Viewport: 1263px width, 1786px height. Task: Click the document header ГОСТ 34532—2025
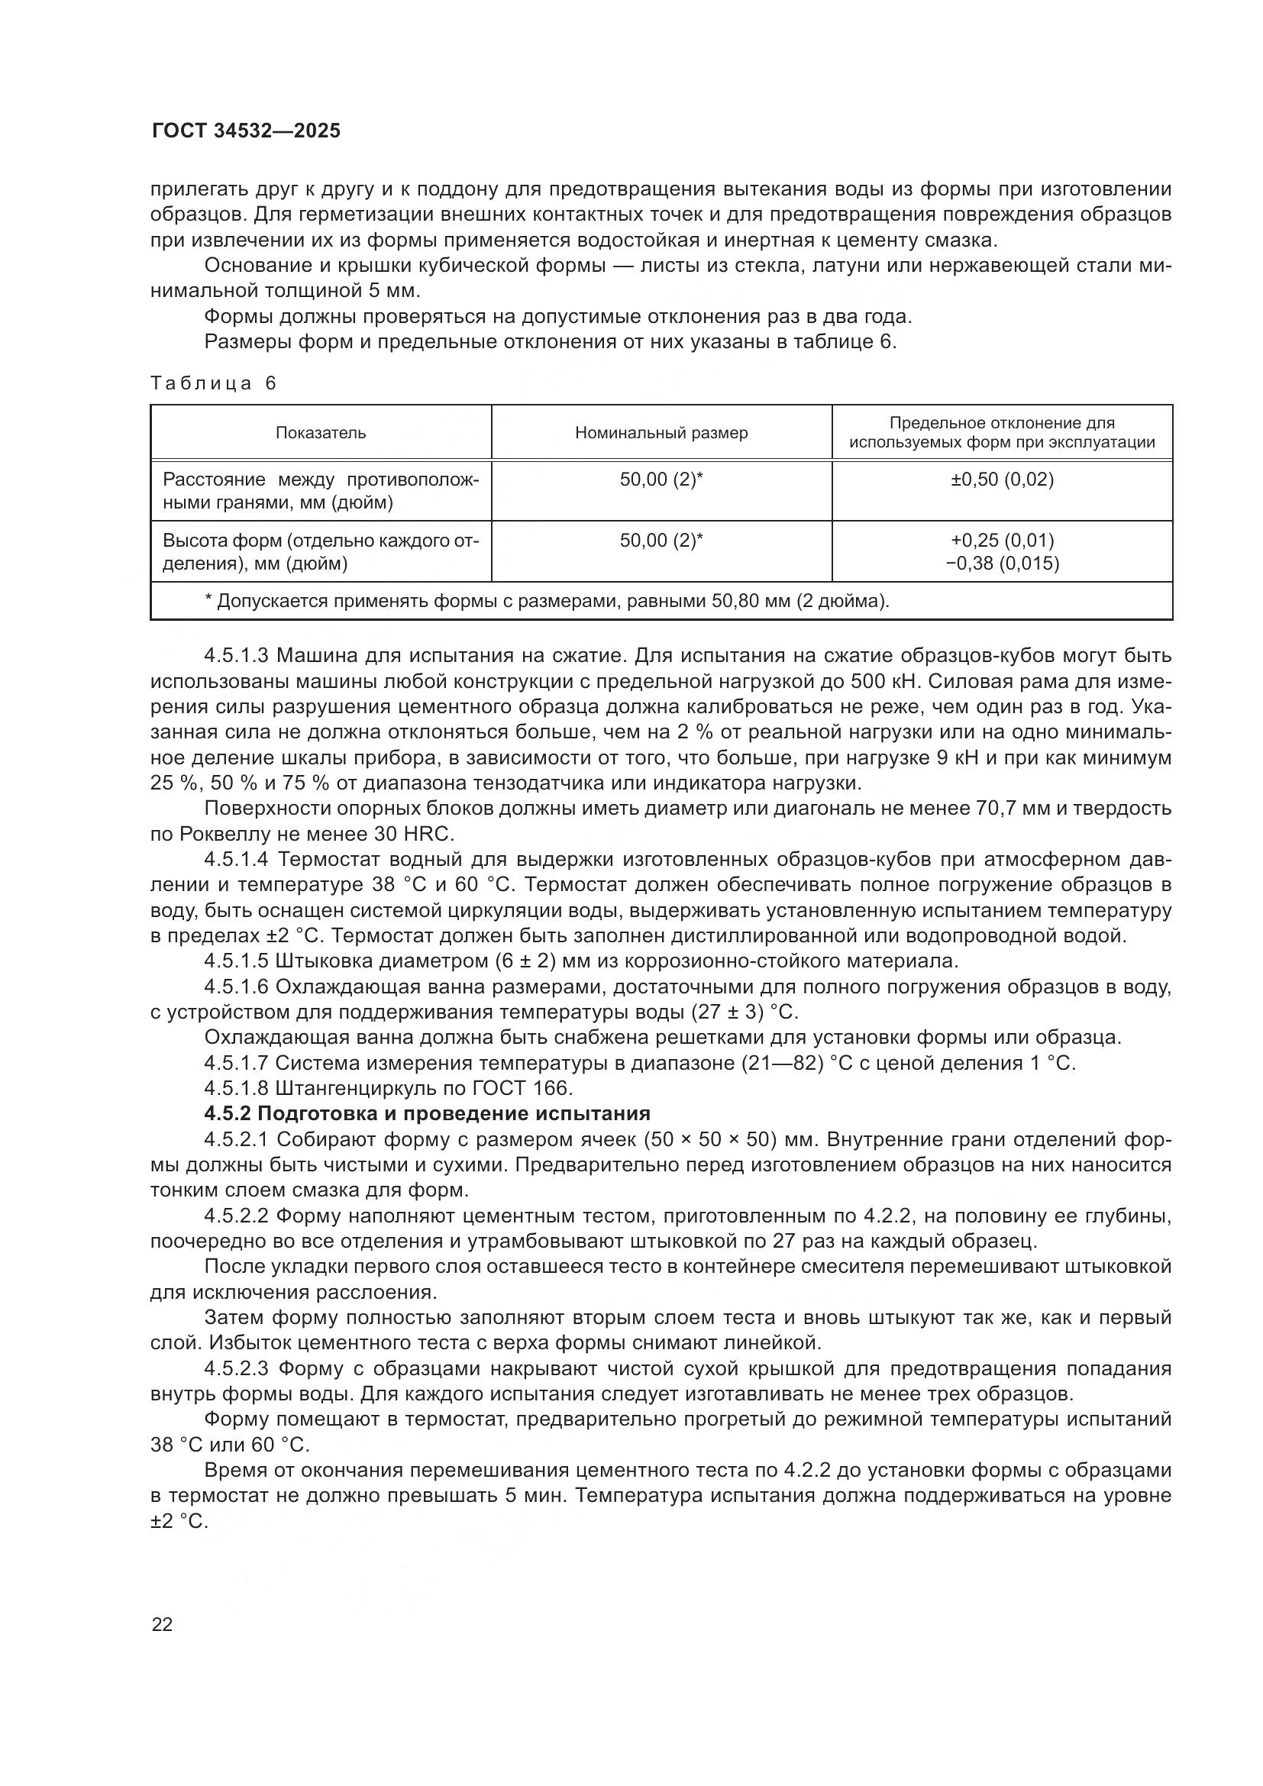[x=246, y=131]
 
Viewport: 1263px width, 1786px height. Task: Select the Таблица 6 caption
[x=214, y=383]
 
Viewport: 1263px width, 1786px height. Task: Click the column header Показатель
[x=321, y=432]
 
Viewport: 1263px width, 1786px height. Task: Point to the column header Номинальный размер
[x=661, y=432]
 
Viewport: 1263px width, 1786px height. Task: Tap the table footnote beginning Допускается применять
[x=547, y=600]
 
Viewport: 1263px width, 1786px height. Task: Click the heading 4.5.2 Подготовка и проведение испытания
[x=427, y=1113]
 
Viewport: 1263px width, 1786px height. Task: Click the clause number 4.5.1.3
[x=237, y=656]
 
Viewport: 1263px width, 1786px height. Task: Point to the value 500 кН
[x=884, y=681]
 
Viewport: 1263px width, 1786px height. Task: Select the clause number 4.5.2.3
[x=237, y=1368]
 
